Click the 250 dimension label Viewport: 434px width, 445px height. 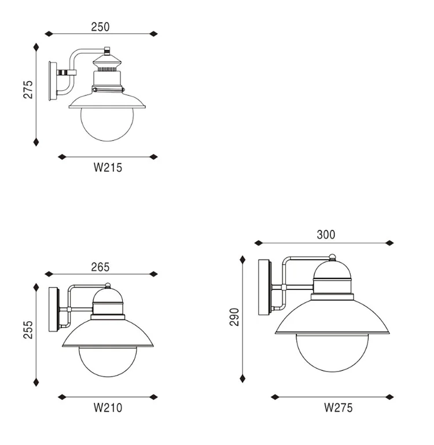(x=100, y=27)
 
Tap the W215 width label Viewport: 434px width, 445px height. (x=108, y=168)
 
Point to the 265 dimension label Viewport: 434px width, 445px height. (x=100, y=267)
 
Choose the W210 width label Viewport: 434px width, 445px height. (x=108, y=408)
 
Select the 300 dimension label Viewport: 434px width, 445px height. (x=326, y=235)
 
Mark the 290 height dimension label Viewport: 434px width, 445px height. (x=234, y=317)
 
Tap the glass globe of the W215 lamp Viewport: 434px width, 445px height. (x=107, y=122)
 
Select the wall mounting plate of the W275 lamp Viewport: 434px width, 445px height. (x=264, y=287)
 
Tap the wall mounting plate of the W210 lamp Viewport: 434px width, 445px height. (x=53, y=310)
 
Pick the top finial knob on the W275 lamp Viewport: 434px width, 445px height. (x=332, y=257)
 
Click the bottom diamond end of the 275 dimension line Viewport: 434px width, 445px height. (x=36, y=141)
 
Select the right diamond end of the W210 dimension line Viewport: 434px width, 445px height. (x=153, y=397)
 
